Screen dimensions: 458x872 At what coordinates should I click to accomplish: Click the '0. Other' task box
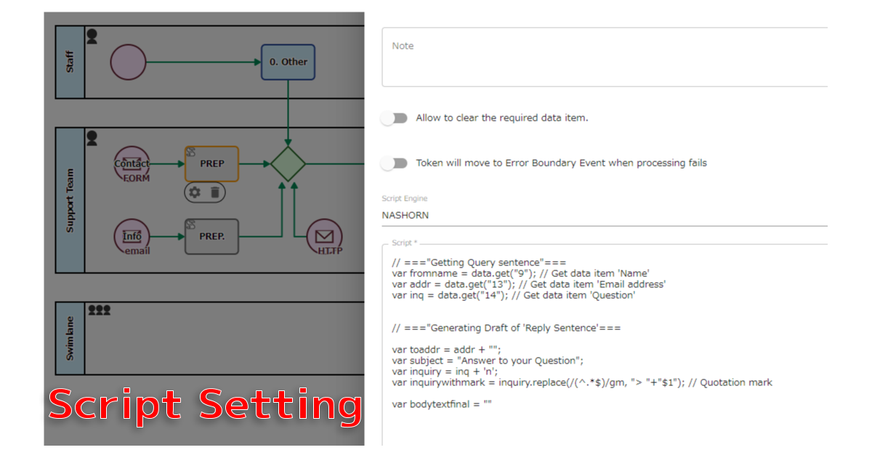click(288, 62)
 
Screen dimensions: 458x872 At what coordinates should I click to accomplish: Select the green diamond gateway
click(288, 164)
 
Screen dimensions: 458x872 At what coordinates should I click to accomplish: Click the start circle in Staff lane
click(128, 62)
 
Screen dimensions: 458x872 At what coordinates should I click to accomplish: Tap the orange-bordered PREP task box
click(211, 164)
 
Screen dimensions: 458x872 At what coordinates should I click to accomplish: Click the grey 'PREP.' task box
click(211, 236)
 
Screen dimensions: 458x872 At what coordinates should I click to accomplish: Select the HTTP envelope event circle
click(324, 237)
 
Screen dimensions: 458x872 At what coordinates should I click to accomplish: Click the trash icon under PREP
click(215, 192)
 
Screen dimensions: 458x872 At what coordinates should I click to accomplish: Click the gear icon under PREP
click(194, 192)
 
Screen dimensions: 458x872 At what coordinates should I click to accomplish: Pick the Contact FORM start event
click(132, 164)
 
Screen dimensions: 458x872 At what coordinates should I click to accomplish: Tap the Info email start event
click(132, 236)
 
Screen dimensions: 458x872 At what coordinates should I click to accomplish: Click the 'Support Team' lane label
click(70, 201)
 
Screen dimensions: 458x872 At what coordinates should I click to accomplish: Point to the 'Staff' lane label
click(70, 62)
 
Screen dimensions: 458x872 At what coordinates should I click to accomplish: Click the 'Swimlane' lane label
click(70, 338)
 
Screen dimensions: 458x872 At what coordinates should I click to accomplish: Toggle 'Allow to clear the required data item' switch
click(395, 118)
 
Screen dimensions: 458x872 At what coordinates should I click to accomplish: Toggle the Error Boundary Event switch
click(395, 163)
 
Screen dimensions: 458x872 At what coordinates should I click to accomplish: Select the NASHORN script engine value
click(405, 215)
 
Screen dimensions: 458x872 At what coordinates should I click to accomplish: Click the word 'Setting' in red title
click(280, 404)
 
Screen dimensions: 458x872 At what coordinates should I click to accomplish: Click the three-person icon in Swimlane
click(99, 310)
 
